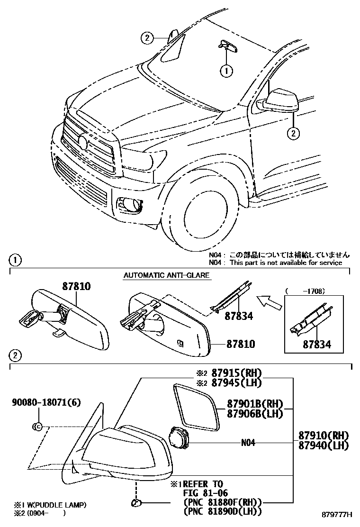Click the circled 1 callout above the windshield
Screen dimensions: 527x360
click(x=226, y=71)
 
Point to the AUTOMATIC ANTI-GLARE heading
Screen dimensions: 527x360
click(x=166, y=275)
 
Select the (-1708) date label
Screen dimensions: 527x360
click(x=307, y=291)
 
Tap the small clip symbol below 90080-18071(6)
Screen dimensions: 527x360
click(x=37, y=427)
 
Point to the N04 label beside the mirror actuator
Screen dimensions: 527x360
click(x=248, y=443)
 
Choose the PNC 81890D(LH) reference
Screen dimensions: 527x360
click(x=222, y=511)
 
